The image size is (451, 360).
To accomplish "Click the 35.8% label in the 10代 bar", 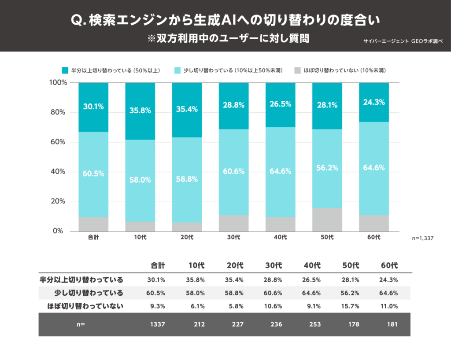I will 140,110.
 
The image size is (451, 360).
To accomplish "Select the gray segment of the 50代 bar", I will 327,220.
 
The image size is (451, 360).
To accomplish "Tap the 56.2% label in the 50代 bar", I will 327,168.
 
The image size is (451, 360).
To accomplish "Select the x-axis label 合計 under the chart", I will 93,238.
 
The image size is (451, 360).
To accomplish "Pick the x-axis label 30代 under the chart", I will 233,238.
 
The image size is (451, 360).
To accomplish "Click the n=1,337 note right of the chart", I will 423,238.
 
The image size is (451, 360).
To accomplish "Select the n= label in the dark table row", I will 80,324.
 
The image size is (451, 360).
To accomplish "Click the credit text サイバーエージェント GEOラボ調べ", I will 403,40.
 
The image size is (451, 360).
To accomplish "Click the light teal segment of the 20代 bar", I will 187,180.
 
